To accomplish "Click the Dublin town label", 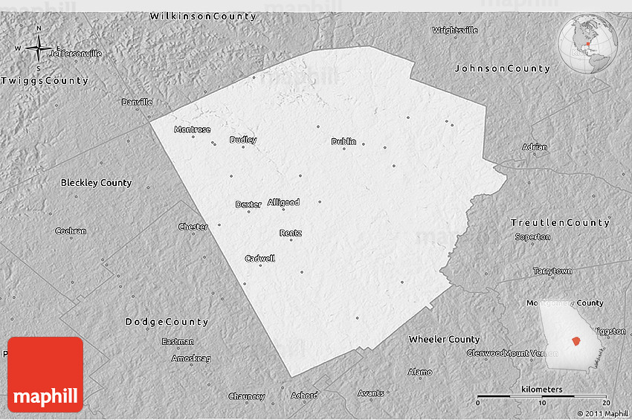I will click(344, 141).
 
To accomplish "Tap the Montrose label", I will click(192, 129).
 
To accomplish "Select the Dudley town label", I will click(243, 140).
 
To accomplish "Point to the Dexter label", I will click(248, 204).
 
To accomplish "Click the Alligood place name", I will click(283, 202).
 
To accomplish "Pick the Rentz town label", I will click(291, 233).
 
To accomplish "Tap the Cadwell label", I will click(259, 259).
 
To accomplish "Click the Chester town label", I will click(193, 227).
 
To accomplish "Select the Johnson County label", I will click(503, 68).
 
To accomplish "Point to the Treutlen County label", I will click(560, 223).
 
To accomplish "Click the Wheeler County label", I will click(444, 339).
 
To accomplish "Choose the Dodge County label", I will click(167, 322).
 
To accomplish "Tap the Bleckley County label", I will click(96, 182).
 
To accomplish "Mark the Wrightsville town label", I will click(455, 30).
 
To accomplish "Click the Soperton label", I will click(532, 237).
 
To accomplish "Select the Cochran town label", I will click(71, 231).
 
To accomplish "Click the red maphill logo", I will click(45, 375).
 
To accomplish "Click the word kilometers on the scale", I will click(541, 390).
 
